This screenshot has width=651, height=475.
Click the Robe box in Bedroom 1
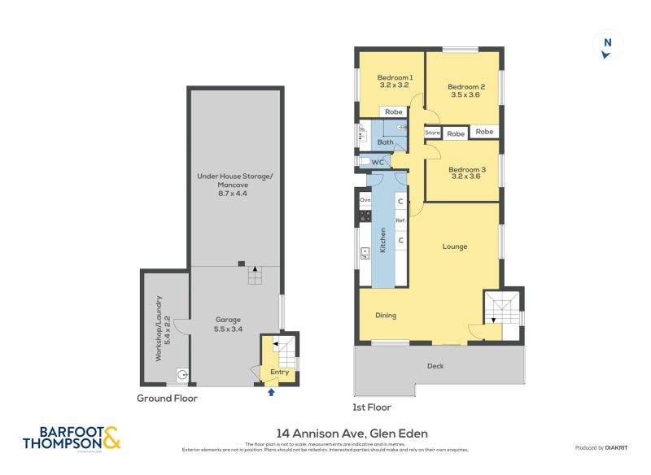point(394,112)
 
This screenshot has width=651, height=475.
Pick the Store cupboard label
point(432,133)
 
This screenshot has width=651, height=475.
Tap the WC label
point(378,163)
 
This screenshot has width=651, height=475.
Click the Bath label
point(385,142)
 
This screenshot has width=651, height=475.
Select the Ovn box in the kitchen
point(365,199)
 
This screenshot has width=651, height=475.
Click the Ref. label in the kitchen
point(400,220)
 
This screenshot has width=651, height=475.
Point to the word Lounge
point(455,246)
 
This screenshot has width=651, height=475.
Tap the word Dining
point(386,316)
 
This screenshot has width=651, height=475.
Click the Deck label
point(435,366)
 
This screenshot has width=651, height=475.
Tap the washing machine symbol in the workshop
point(183,375)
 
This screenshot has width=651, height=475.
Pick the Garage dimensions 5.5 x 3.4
point(229,329)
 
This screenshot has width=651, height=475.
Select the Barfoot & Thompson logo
point(71,438)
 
